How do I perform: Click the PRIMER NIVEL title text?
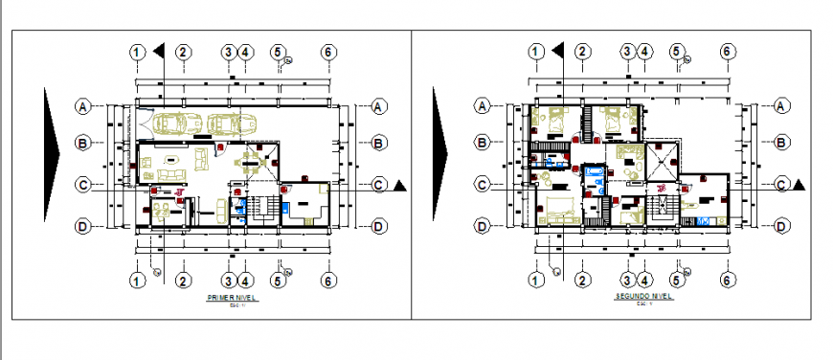click(x=233, y=299)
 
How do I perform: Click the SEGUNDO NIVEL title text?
click(x=643, y=298)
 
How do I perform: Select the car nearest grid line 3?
click(x=225, y=124)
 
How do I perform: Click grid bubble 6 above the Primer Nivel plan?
click(x=327, y=52)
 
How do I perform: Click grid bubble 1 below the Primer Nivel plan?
click(x=138, y=281)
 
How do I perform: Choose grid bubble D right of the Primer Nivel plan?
click(x=379, y=226)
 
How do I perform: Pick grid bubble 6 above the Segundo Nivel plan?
click(x=727, y=52)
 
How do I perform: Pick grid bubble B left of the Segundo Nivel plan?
click(x=483, y=144)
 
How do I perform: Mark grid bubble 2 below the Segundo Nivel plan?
click(x=581, y=281)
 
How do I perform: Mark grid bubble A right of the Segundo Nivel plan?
click(x=781, y=105)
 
